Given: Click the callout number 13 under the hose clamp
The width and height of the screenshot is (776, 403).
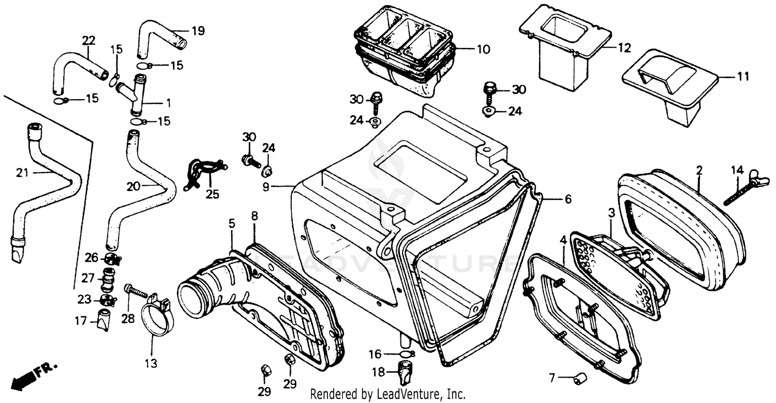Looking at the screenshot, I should click(150, 364).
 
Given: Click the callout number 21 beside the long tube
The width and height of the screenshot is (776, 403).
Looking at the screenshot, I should click(22, 173).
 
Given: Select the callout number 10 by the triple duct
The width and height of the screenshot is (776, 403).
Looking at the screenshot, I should click(483, 50).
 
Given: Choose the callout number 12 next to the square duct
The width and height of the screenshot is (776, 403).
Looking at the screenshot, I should click(624, 48).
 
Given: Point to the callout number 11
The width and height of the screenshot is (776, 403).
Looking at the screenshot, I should click(743, 77).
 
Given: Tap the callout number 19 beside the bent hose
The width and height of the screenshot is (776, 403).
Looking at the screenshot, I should click(198, 30).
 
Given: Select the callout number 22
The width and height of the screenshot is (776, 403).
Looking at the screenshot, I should click(89, 40).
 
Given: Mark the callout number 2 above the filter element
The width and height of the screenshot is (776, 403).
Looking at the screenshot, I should click(699, 169).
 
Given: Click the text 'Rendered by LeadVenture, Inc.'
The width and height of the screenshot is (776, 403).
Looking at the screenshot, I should click(387, 394).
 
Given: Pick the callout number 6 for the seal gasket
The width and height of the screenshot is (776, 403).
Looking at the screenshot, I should click(568, 199).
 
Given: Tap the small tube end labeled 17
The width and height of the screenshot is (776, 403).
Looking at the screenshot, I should click(103, 320).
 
